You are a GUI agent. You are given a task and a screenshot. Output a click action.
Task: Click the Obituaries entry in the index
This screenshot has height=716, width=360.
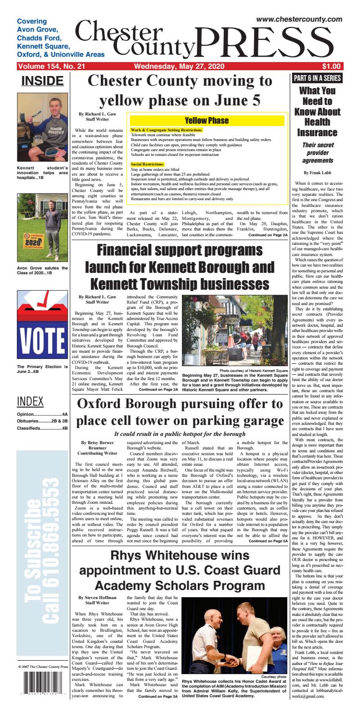42,420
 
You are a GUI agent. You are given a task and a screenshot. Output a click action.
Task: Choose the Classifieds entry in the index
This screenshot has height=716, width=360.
42,427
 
